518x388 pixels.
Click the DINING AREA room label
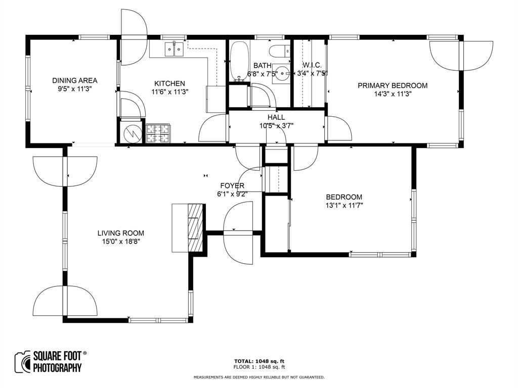[x=75, y=80]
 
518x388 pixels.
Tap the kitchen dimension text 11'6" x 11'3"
[x=169, y=91]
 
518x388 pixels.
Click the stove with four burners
[x=159, y=133]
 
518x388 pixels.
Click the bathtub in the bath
[x=238, y=61]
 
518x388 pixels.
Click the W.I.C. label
[x=312, y=65]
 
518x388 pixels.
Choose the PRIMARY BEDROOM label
[x=393, y=85]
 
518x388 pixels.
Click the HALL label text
[x=276, y=117]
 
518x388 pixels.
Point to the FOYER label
[x=232, y=185]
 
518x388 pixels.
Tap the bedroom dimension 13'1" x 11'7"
[x=344, y=205]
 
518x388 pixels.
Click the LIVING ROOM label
[x=121, y=233]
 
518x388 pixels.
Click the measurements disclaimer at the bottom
[x=259, y=377]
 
